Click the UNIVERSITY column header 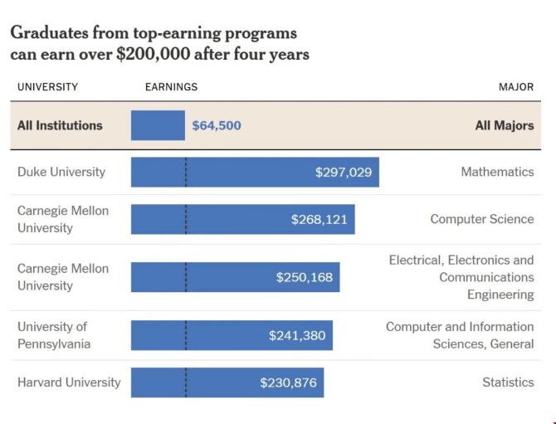pos(47,87)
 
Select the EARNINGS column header pos(171,87)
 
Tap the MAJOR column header pos(516,87)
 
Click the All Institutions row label pos(60,125)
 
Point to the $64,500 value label pos(217,125)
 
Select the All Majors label pos(505,125)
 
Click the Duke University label pos(61,172)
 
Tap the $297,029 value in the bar pos(344,173)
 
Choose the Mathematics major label pos(497,172)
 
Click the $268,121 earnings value pos(319,219)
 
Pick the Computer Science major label pos(482,219)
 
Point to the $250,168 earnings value pos(305,277)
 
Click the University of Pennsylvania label pos(54,335)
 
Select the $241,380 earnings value pos(297,335)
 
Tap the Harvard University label pos(69,383)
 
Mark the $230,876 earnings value pos(288,383)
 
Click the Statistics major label pos(508,383)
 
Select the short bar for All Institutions pos(158,125)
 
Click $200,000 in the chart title pos(154,55)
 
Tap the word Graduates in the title pos(49,33)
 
